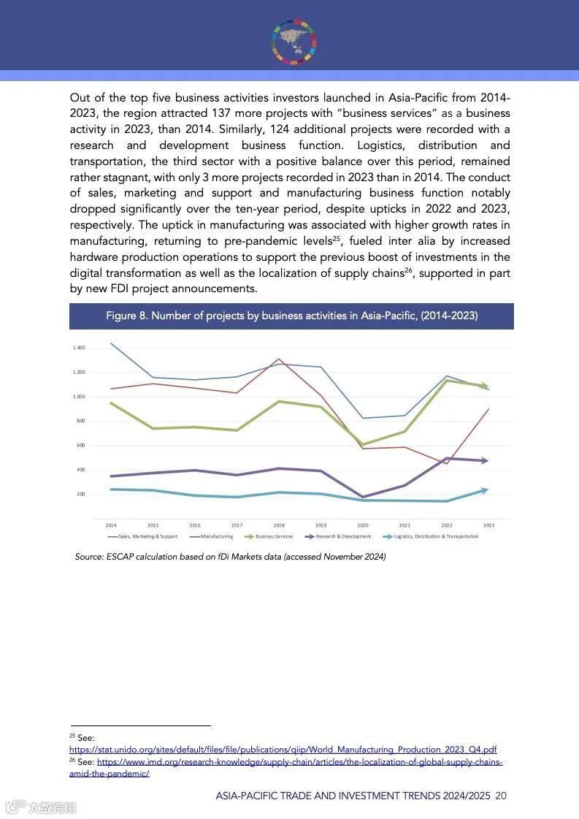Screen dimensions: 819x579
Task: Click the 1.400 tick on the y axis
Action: coord(78,348)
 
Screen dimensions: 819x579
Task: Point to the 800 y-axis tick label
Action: coord(80,421)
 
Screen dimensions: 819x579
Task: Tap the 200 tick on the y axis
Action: coord(80,494)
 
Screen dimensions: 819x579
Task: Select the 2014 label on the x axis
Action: coord(111,525)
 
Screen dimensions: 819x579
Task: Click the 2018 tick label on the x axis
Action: coord(279,525)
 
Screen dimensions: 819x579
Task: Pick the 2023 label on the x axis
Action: coord(488,525)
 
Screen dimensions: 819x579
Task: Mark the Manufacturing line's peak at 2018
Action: coord(279,359)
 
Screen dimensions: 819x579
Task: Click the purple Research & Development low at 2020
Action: coord(363,498)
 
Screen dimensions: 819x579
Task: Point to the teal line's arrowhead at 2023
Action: coord(485,490)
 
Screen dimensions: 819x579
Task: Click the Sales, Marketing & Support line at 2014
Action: coord(111,343)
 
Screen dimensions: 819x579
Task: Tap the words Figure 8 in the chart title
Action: coord(126,316)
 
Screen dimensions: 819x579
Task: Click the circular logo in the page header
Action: coord(294,39)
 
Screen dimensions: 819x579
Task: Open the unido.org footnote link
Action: coord(283,750)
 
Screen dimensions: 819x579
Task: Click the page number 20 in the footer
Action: coord(501,796)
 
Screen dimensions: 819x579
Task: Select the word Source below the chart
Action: coord(89,557)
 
